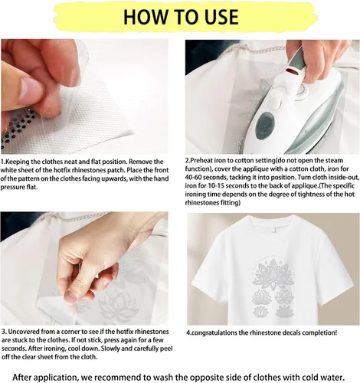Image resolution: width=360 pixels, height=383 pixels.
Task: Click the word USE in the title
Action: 221,17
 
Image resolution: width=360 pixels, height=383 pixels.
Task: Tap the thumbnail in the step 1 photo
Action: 26,89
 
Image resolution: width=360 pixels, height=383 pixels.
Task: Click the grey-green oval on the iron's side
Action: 265,126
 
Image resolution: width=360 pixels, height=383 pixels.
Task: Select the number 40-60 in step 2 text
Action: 195,177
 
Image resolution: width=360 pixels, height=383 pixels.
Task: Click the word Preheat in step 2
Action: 202,161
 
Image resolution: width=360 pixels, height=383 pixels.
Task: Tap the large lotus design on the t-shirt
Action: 273,273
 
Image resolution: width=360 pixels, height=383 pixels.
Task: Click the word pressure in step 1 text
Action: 11,187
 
